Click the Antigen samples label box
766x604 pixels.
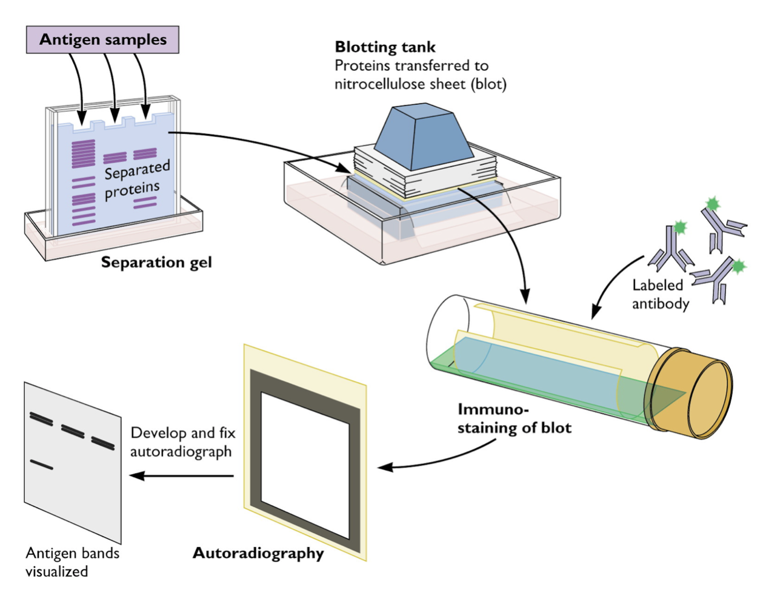coord(102,40)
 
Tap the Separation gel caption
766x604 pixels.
coord(156,263)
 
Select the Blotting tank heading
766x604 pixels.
coord(385,47)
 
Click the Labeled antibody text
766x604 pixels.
coord(660,294)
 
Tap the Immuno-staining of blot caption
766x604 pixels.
coord(514,419)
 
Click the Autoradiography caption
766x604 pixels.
coord(258,553)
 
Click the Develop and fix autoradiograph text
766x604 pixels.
coord(182,442)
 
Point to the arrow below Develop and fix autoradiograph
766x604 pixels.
coord(182,475)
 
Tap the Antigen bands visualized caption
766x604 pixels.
coord(72,562)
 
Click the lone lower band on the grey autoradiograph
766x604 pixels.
coord(42,465)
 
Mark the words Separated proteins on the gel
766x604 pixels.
coord(135,180)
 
